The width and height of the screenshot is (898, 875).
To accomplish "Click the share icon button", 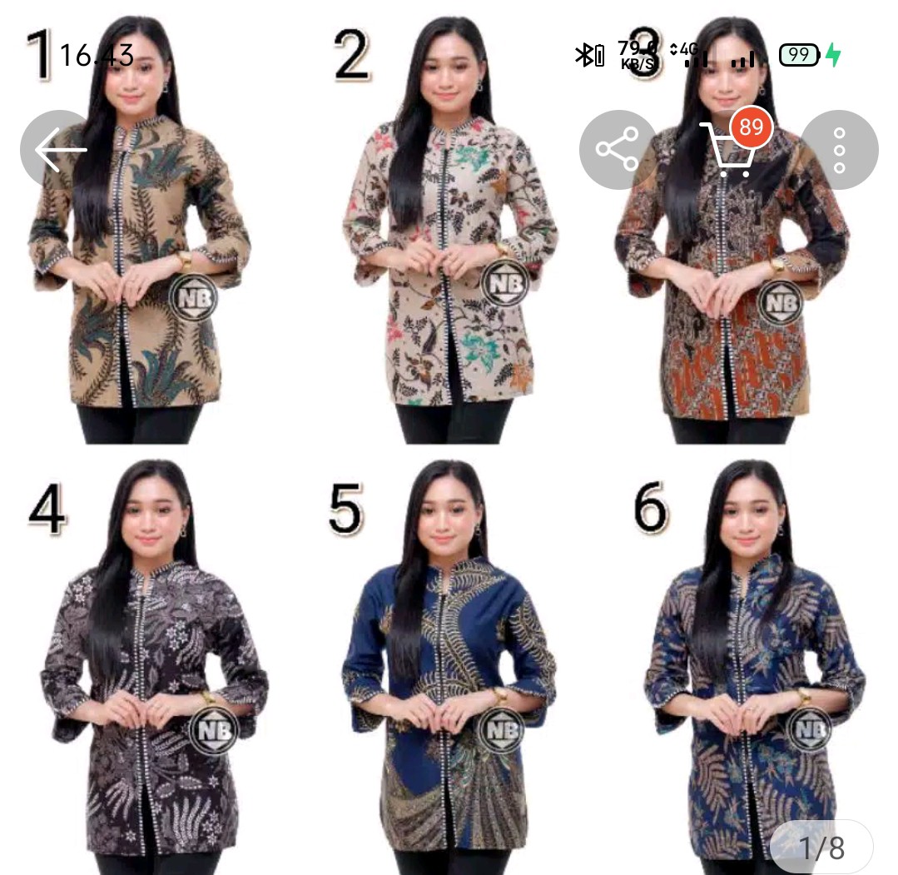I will (618, 150).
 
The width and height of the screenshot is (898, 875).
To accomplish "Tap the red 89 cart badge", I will (751, 127).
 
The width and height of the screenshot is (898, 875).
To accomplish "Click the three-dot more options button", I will (839, 150).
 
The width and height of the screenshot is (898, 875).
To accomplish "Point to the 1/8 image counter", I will (821, 848).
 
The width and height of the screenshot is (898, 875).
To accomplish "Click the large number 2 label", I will (351, 55).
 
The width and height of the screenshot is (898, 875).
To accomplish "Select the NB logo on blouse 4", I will (213, 730).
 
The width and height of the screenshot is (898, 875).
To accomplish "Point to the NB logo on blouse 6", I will (808, 730).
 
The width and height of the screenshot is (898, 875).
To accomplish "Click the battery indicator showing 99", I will (799, 56).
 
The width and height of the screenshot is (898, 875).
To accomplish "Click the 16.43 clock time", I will (96, 56).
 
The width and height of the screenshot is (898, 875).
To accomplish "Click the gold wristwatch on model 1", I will (184, 261).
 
